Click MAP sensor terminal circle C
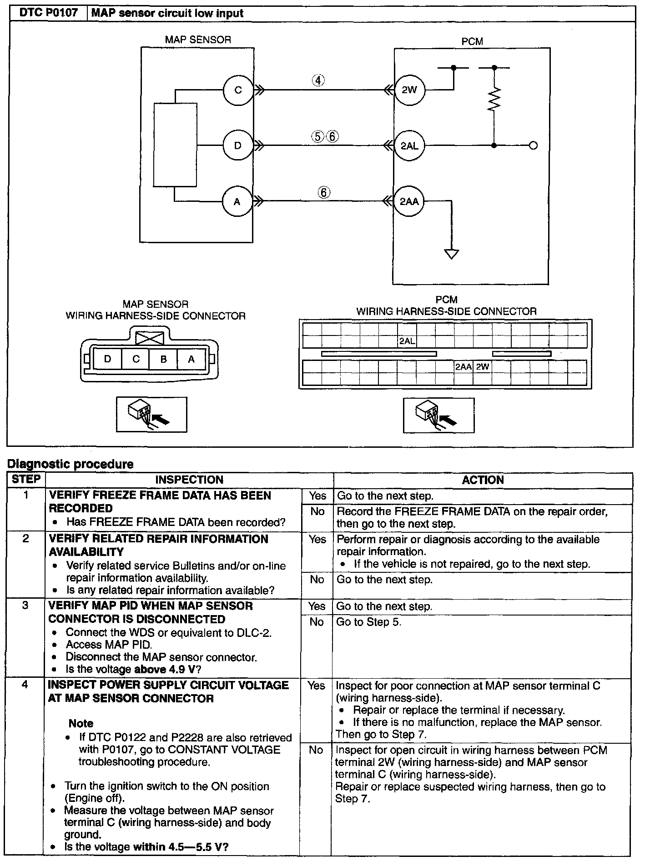pyautogui.click(x=238, y=90)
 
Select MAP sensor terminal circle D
pyautogui.click(x=237, y=146)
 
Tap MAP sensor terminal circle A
pyautogui.click(x=237, y=201)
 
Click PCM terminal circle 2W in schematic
pyautogui.click(x=409, y=90)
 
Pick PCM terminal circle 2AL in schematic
pyautogui.click(x=409, y=146)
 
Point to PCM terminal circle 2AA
pyautogui.click(x=409, y=201)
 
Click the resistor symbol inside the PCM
pyautogui.click(x=494, y=99)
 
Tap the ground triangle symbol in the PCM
pyautogui.click(x=451, y=254)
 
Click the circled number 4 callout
pyautogui.click(x=318, y=80)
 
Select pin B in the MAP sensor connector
pyautogui.click(x=163, y=359)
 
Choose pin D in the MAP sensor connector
pyautogui.click(x=107, y=359)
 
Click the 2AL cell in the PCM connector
pyautogui.click(x=407, y=341)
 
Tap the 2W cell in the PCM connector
pyautogui.click(x=482, y=366)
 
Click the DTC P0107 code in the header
pyautogui.click(x=49, y=13)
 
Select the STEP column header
pyautogui.click(x=26, y=479)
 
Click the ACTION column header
pyautogui.click(x=483, y=480)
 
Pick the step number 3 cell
pyautogui.click(x=25, y=606)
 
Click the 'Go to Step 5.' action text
pyautogui.click(x=368, y=622)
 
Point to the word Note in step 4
pyautogui.click(x=81, y=723)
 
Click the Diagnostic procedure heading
pyautogui.click(x=71, y=464)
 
